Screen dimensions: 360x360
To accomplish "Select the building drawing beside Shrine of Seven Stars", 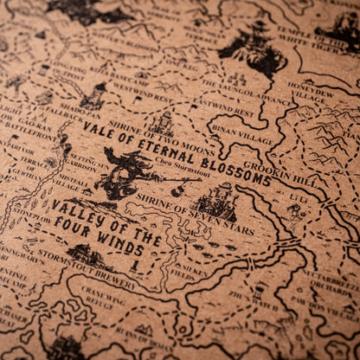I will tap(216, 202).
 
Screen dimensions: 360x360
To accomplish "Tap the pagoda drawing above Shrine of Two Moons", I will tap(163, 121).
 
